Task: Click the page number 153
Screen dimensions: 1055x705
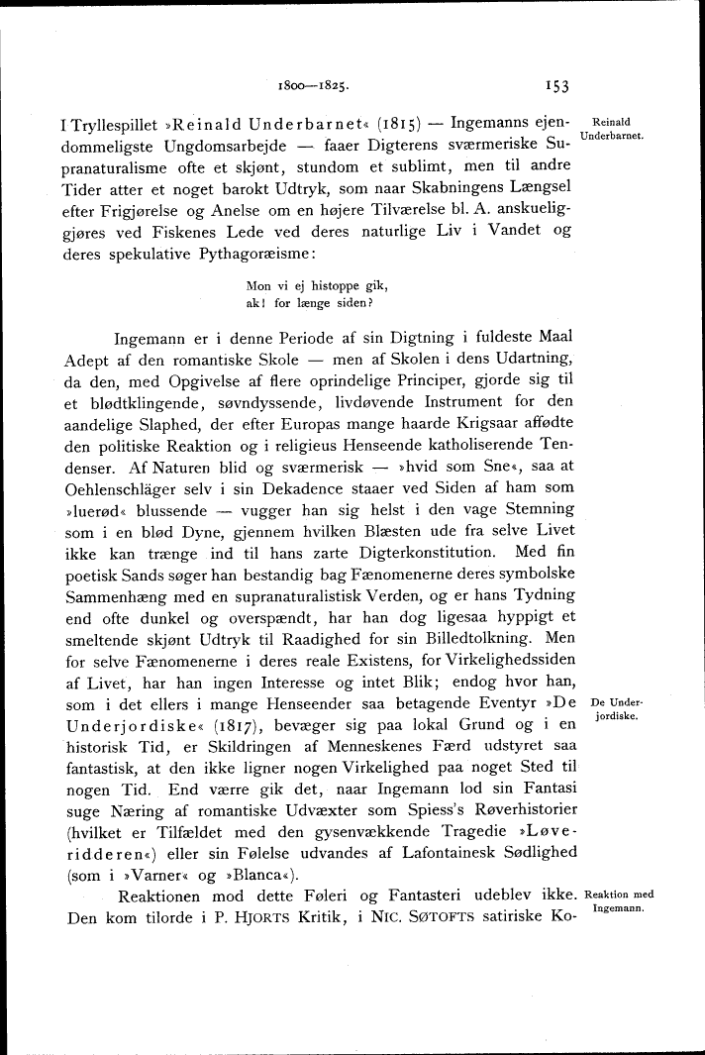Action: (555, 86)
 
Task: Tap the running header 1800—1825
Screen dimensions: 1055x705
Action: (312, 86)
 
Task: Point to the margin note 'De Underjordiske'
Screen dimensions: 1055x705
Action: (617, 709)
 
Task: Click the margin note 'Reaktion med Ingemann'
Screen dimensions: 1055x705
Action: (620, 900)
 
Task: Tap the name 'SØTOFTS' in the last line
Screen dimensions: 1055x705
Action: (433, 917)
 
